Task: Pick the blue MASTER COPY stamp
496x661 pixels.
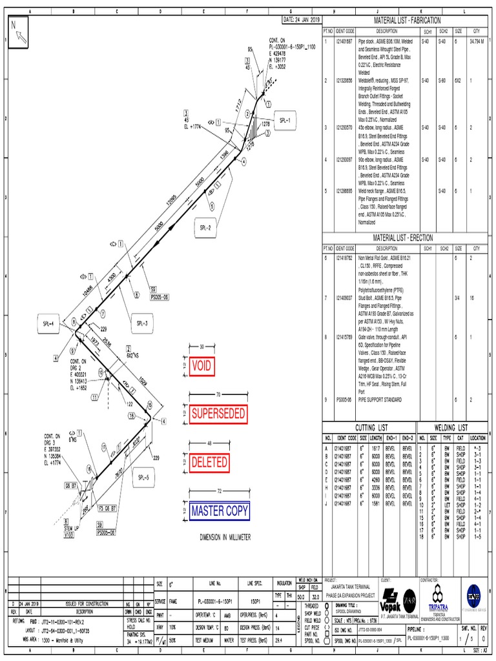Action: [x=220, y=511]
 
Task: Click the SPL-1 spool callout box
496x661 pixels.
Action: [x=285, y=121]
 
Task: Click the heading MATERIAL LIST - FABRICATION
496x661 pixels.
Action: [x=405, y=21]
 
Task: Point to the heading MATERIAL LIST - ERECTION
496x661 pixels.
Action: [x=405, y=238]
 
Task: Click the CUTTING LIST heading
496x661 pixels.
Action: [x=373, y=427]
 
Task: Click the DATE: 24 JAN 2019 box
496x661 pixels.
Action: [x=302, y=21]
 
